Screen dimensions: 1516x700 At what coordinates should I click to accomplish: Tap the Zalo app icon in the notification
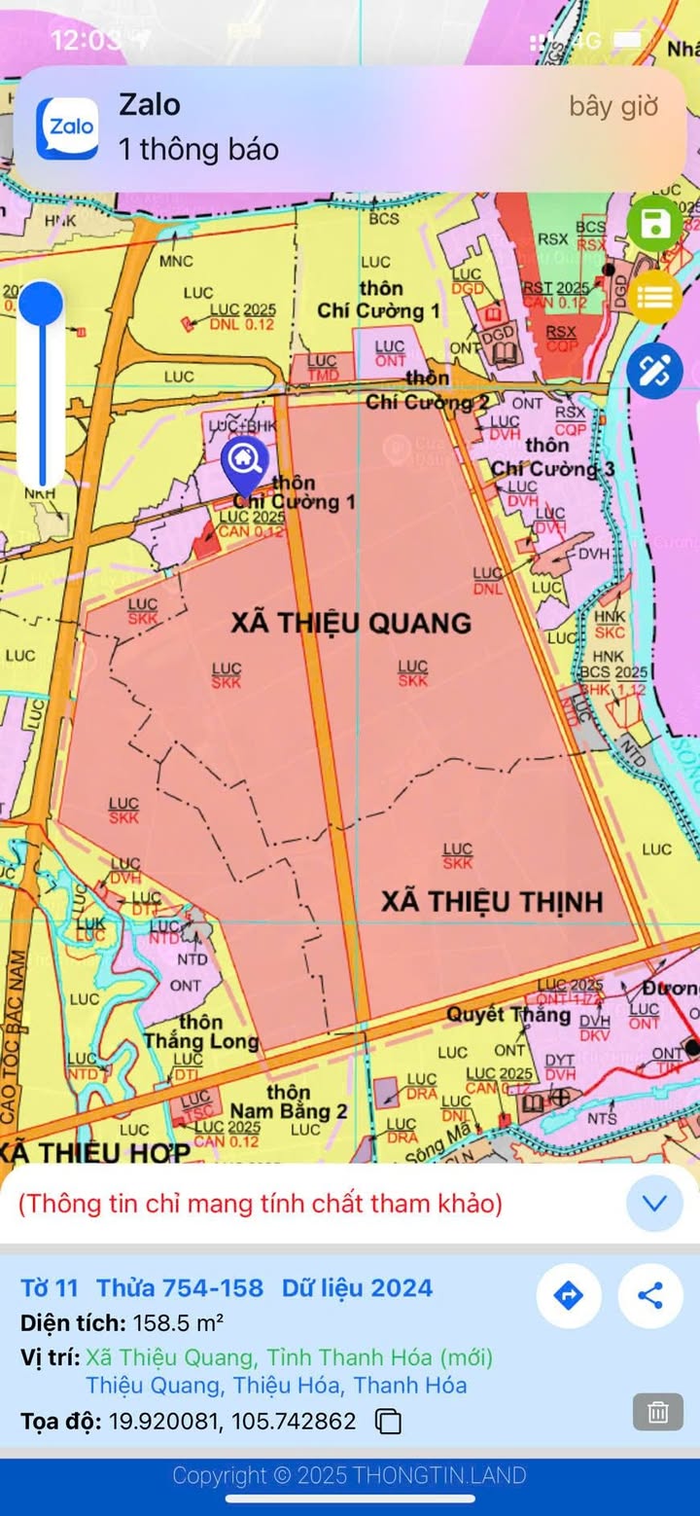[67, 127]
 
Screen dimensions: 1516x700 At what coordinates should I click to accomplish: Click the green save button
[654, 225]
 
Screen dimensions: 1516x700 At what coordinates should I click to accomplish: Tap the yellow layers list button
[654, 297]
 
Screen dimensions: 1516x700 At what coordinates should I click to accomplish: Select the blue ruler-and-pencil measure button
[654, 371]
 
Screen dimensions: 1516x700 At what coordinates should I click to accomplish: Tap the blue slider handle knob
[41, 303]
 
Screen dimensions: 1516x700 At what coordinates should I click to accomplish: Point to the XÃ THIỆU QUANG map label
[350, 623]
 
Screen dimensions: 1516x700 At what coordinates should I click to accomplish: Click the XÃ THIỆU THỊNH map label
[492, 902]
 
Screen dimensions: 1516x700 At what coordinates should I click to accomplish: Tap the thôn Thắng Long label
[201, 1031]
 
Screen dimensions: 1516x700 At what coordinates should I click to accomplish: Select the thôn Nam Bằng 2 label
[289, 1101]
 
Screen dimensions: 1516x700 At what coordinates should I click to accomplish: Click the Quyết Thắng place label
[508, 1015]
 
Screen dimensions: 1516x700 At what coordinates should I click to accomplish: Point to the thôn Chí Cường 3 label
[552, 457]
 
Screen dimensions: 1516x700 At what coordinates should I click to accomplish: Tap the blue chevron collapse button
[654, 1204]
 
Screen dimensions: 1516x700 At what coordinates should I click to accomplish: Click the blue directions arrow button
[569, 1295]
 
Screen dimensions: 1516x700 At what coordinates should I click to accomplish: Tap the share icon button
[650, 1295]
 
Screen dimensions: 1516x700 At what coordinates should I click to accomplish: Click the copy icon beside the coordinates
[388, 1422]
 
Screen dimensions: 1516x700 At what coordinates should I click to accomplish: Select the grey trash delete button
[658, 1412]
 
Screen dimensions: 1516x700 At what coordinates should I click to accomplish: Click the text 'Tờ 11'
[49, 1288]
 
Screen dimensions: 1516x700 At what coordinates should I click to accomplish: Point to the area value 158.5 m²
[178, 1323]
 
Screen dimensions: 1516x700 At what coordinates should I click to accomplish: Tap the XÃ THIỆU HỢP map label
[94, 1153]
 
